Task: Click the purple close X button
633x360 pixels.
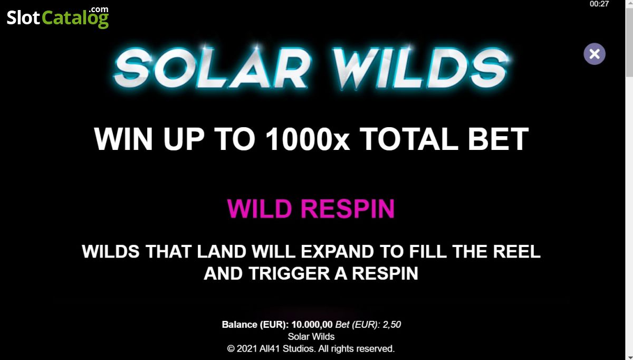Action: (x=594, y=54)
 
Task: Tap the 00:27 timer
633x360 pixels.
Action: (x=599, y=4)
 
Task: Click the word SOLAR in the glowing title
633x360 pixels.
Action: (x=212, y=68)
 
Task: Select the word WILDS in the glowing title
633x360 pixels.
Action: (x=421, y=68)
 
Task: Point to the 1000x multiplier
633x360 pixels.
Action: (x=308, y=139)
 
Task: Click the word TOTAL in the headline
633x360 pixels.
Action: (x=409, y=139)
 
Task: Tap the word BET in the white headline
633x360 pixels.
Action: (x=498, y=139)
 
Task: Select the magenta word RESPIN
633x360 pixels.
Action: (x=348, y=209)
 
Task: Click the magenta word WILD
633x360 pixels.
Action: (x=260, y=209)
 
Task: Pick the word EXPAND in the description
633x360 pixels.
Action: (x=337, y=251)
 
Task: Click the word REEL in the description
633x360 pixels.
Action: (x=517, y=251)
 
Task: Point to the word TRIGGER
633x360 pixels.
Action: (x=289, y=273)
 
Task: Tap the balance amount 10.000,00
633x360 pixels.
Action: (x=312, y=324)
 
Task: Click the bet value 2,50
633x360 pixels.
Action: (x=391, y=324)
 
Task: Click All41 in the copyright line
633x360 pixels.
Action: (x=270, y=348)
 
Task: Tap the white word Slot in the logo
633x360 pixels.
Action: (x=23, y=18)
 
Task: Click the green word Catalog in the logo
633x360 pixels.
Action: (x=75, y=18)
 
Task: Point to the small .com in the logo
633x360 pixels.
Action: (x=99, y=10)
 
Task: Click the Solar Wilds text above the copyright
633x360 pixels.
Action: (x=311, y=337)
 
